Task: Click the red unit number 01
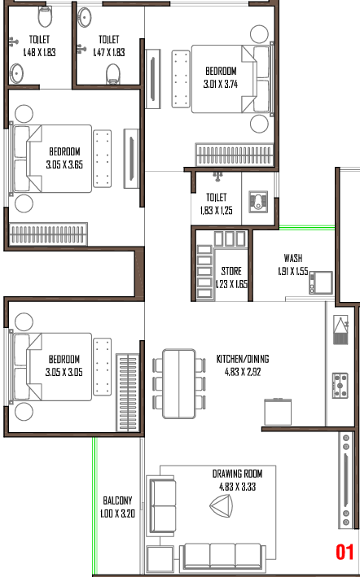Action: pos(345,553)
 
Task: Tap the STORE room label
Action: pos(231,272)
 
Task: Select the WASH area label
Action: pos(293,258)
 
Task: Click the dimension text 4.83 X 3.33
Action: pos(237,487)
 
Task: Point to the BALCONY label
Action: pos(117,501)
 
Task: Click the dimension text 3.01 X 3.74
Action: pos(221,85)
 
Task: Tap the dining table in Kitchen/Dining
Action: pos(179,384)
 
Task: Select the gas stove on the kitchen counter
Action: pos(340,385)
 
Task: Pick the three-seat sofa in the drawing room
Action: pos(222,557)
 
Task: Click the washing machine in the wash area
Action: pos(321,282)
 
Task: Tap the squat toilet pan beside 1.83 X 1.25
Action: pos(260,201)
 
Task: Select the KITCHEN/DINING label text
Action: pos(243,359)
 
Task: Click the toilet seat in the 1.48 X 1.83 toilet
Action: pos(46,16)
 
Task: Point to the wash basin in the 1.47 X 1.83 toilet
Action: pos(85,15)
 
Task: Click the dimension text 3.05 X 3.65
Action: pos(64,164)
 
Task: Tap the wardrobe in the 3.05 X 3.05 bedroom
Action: pos(128,392)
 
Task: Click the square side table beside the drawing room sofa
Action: pos(160,560)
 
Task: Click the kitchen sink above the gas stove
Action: pos(340,330)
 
